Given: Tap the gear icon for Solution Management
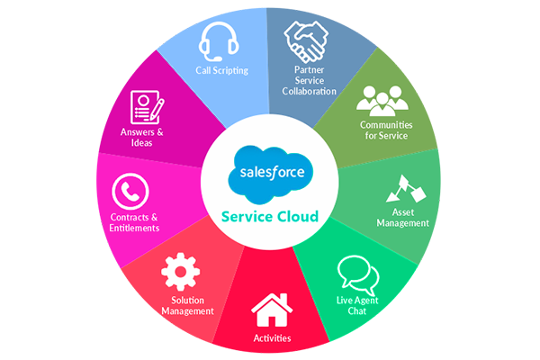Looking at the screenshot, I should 180,272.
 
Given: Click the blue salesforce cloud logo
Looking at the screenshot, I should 269,170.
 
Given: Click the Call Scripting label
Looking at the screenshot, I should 221,69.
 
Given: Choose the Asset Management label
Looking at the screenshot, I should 402,217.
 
